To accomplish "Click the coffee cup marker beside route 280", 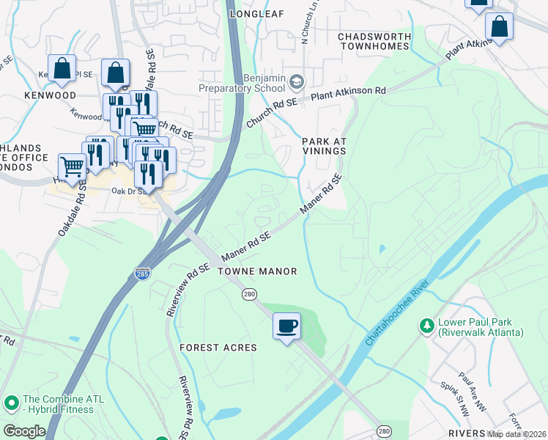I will (286, 325).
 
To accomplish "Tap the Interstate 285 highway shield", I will (143, 274).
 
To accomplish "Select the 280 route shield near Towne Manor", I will (248, 293).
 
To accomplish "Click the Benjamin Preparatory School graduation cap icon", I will (297, 80).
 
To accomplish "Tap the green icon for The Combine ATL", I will (11, 403).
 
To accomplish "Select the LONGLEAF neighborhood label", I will (256, 14).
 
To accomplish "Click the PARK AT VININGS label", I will (323, 145).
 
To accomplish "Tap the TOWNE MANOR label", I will (257, 271).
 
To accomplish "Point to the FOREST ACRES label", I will (218, 348).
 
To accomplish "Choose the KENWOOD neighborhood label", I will (50, 96).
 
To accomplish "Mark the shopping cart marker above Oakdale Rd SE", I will (71, 167).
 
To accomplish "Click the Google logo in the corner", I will (24, 431).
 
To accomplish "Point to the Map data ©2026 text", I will (516, 434).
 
